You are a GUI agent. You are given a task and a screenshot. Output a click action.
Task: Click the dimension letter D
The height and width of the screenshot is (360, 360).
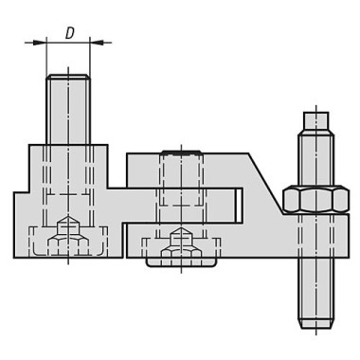click(69, 32)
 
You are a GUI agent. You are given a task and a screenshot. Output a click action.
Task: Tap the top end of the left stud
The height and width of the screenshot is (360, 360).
click(68, 75)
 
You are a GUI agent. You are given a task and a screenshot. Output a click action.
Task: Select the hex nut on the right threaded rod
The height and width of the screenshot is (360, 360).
click(314, 201)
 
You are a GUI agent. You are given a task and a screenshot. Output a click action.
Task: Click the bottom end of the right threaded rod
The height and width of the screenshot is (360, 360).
click(314, 326)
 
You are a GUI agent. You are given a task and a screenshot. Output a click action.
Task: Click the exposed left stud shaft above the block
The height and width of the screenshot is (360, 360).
click(68, 109)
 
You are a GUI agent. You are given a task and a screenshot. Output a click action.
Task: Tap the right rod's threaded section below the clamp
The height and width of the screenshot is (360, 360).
click(314, 275)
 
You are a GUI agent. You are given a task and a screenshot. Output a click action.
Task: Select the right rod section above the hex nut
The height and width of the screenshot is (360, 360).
click(314, 156)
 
